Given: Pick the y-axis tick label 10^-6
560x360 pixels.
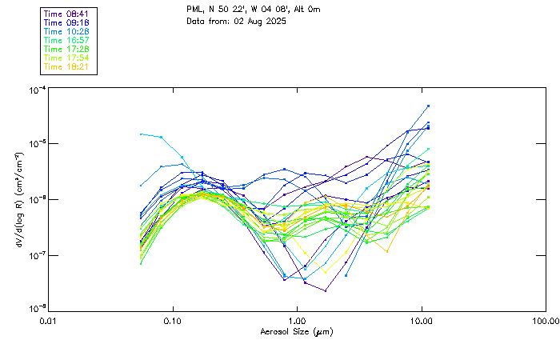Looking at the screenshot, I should [36, 198].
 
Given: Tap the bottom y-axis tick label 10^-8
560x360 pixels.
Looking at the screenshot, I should [36, 309].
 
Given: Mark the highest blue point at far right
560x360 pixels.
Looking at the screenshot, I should [429, 106].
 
